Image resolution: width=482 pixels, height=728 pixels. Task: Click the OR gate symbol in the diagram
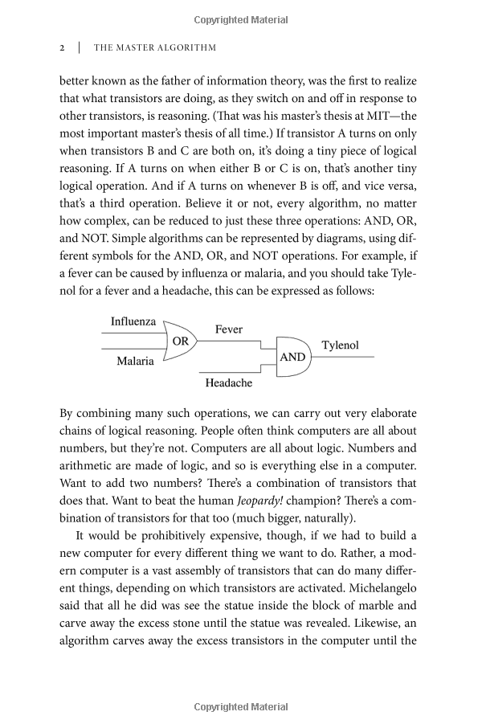pyautogui.click(x=180, y=341)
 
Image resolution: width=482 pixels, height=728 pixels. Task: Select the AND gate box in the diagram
pyautogui.click(x=293, y=356)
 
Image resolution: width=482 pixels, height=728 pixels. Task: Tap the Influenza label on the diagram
pyautogui.click(x=133, y=321)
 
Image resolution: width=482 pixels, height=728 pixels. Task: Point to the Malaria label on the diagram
pyautogui.click(x=135, y=361)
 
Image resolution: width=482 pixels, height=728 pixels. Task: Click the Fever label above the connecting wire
pyautogui.click(x=229, y=329)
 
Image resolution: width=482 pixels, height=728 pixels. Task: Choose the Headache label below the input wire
pyautogui.click(x=229, y=383)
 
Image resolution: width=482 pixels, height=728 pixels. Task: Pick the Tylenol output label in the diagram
pyautogui.click(x=341, y=346)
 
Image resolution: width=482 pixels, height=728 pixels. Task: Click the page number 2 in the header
pyautogui.click(x=63, y=47)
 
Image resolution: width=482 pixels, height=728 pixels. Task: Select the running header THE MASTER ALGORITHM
pyautogui.click(x=155, y=47)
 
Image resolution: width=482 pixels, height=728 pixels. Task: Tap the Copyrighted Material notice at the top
pyautogui.click(x=241, y=18)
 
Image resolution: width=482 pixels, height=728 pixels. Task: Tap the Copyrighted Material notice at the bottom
pyautogui.click(x=241, y=707)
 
